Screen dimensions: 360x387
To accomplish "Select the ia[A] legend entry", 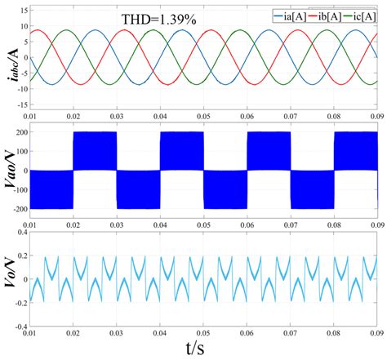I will point(289,15).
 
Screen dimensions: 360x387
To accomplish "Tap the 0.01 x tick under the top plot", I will point(31,118).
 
